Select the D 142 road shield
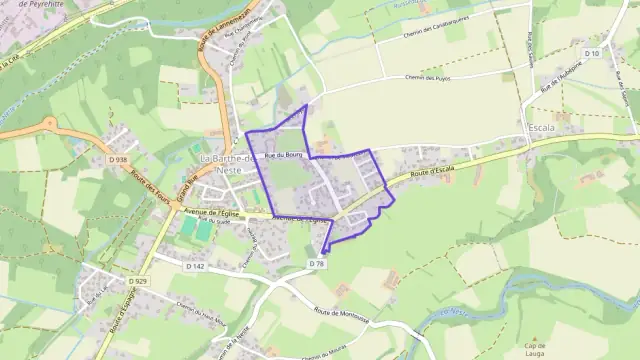[x=195, y=266]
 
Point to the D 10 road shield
[x=591, y=52]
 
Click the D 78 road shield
[x=317, y=263]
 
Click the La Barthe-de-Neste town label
[x=224, y=164]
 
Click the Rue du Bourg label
[x=283, y=155]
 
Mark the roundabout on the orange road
[x=48, y=124]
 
